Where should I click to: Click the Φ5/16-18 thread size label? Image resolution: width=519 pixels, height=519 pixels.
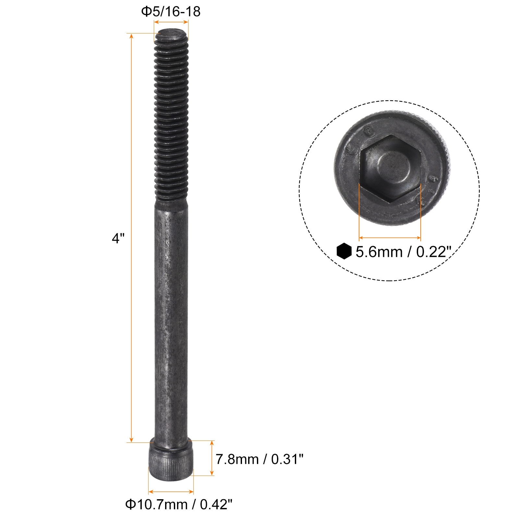coord(171,12)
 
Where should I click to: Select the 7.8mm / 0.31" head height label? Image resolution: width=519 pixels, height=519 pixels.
coord(259,459)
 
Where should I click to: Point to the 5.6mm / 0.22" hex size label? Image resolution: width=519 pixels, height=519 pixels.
coord(404,252)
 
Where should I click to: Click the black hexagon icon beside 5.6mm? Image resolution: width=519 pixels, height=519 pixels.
coord(344,251)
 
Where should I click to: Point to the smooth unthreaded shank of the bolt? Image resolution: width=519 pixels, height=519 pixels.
coord(171,320)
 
